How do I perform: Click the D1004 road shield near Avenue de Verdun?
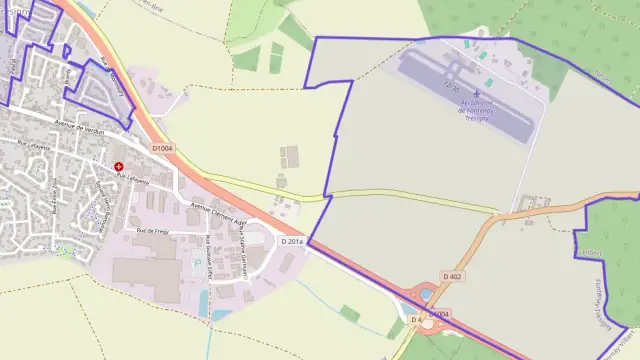tap(163, 148)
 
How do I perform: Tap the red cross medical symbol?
tap(119, 167)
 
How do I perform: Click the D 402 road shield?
tap(451, 276)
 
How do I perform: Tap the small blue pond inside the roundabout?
tap(428, 295)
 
